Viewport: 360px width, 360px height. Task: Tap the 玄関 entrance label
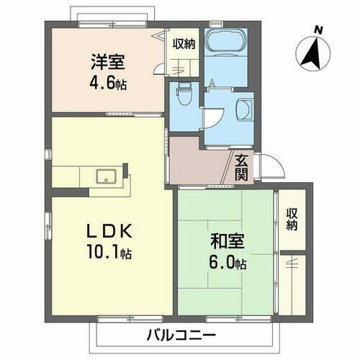point(241,165)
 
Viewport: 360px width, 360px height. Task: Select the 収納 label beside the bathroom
point(184,45)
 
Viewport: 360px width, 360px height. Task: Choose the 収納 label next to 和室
point(291,220)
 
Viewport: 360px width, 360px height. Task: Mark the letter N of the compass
point(318,30)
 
